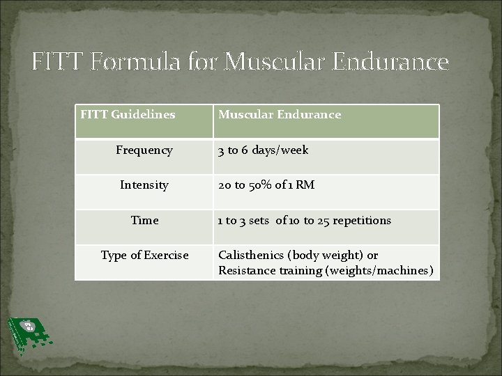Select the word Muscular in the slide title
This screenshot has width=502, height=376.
pyautogui.click(x=259, y=62)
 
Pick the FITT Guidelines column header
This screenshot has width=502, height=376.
pyautogui.click(x=128, y=114)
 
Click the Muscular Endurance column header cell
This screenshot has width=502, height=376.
pyautogui.click(x=280, y=114)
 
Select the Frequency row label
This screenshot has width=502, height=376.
pyautogui.click(x=144, y=150)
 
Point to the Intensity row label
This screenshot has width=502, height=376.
pyautogui.click(x=144, y=185)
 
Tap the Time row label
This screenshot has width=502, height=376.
pyautogui.click(x=144, y=221)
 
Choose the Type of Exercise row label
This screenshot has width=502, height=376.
pyautogui.click(x=144, y=256)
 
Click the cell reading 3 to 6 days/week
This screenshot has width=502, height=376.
pyautogui.click(x=264, y=150)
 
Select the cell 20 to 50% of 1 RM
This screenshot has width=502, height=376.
pyautogui.click(x=266, y=185)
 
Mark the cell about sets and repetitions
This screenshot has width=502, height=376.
pyautogui.click(x=305, y=221)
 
